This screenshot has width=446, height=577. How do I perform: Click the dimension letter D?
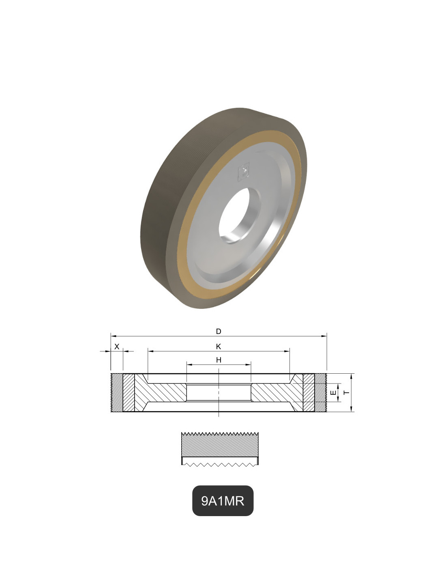coord(218,331)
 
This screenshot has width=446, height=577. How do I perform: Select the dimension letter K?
coord(218,346)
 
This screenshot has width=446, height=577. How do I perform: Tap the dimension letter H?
coord(219,360)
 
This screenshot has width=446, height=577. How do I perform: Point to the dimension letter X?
coord(117,346)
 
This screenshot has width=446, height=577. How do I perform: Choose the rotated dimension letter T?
coord(347,392)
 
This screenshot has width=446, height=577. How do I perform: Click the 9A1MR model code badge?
coord(223,501)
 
